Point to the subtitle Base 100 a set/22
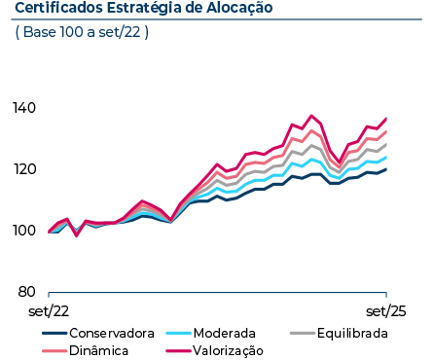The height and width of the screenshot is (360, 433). click(x=83, y=32)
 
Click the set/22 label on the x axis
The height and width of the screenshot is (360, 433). click(x=49, y=312)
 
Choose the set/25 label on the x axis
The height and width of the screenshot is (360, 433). click(x=386, y=312)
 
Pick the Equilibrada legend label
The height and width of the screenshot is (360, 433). click(x=352, y=333)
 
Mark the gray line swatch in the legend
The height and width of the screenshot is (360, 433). click(x=305, y=333)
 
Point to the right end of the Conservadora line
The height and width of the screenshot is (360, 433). click(x=386, y=169)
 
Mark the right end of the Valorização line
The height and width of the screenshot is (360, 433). click(x=386, y=119)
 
